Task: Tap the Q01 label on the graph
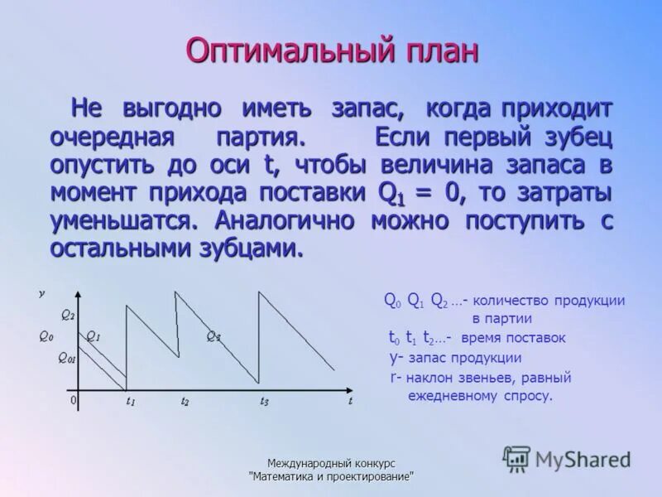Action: pos(66,358)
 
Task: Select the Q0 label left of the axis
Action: pos(46,336)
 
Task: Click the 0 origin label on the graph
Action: pos(73,399)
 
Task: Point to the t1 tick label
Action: pos(130,401)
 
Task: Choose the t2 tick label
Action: pos(185,401)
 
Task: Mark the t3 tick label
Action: pos(264,401)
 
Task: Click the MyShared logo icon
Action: pos(517,458)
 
